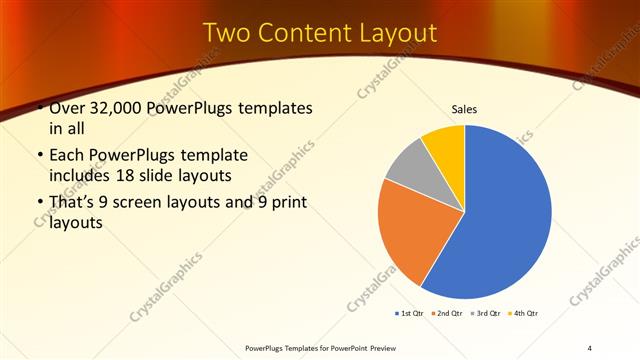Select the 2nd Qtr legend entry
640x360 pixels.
pyautogui.click(x=447, y=314)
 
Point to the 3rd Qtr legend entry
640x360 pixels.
pyautogui.click(x=485, y=314)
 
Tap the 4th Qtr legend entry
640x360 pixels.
pyautogui.click(x=523, y=314)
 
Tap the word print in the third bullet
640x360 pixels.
pyautogui.click(x=291, y=205)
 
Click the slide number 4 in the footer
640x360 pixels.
pyautogui.click(x=590, y=348)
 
